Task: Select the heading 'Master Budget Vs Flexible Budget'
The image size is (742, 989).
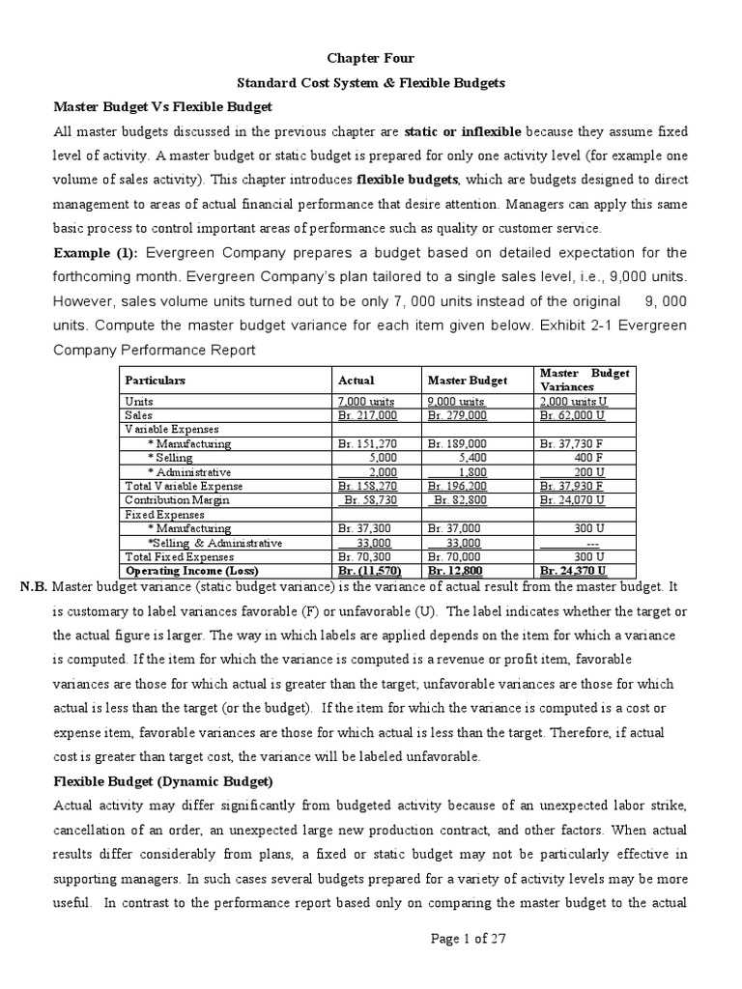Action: click(162, 106)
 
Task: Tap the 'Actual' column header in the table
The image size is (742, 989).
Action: click(356, 380)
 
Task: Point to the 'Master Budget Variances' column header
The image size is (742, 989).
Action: click(584, 380)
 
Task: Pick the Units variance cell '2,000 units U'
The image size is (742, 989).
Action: click(574, 400)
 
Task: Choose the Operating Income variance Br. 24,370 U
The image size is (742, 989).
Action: click(574, 571)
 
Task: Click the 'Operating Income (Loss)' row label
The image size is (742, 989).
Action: click(186, 571)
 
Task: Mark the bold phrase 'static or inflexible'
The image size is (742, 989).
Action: click(463, 130)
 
